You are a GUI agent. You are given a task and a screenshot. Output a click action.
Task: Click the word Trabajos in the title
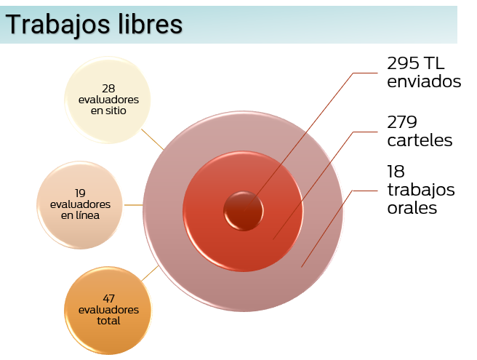57,25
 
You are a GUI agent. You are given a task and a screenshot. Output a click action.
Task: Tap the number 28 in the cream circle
108,89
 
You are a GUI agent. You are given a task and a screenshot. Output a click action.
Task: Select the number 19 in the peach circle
80,193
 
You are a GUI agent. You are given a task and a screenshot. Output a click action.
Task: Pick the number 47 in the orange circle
108,298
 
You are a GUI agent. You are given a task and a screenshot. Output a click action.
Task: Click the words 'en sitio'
108,111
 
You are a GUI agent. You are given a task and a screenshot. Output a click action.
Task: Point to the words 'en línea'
80,215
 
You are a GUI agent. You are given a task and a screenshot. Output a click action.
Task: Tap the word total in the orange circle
108,321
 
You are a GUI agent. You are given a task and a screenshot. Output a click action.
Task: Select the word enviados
424,81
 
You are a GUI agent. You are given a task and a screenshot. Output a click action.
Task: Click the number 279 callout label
402,122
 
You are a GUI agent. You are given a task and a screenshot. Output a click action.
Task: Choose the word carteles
420,140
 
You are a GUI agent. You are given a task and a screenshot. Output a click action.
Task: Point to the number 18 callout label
396,172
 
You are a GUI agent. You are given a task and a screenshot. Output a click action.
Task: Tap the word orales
412,208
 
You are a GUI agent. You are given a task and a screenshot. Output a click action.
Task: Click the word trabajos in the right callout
421,191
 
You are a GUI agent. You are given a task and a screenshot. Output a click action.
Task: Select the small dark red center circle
244,211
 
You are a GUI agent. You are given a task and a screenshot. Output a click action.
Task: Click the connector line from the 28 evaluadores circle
153,140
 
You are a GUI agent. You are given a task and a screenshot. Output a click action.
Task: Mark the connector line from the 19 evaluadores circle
134,205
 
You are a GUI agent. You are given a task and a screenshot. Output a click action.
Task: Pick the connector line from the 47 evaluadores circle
150,273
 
